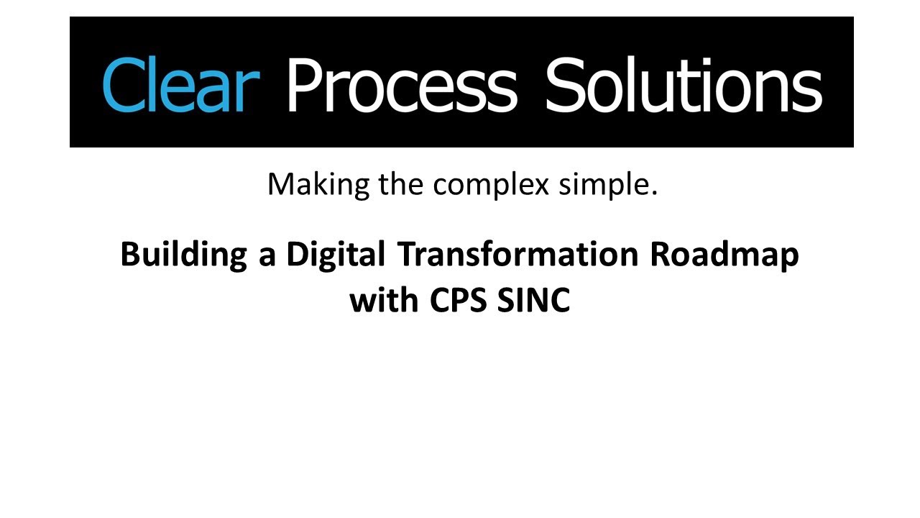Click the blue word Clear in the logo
click(180, 84)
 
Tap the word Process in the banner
click(401, 84)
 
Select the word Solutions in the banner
click(683, 84)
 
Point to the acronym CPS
click(459, 300)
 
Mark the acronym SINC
click(533, 300)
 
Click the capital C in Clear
click(121, 84)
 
